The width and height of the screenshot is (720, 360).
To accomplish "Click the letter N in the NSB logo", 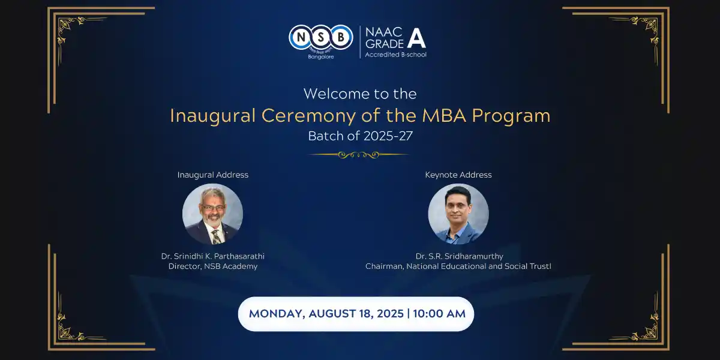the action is point(301,38).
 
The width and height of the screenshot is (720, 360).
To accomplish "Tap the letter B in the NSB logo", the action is point(341,38).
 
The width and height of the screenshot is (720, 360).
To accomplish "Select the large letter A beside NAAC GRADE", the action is point(416,38).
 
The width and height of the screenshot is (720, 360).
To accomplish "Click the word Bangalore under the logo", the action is point(321,57).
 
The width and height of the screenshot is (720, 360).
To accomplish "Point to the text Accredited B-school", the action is point(395,55).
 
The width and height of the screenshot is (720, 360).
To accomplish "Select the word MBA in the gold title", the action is point(444,116).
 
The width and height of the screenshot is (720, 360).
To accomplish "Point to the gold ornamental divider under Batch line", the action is point(359,155).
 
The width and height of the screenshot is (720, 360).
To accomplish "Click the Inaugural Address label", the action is point(213,175).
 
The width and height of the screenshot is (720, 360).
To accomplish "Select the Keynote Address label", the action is point(458,175).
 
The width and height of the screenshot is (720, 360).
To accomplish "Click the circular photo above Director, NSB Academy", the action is point(212,214).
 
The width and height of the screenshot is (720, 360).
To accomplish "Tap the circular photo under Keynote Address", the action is point(458,214).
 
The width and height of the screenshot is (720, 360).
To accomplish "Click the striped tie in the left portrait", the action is point(216,237).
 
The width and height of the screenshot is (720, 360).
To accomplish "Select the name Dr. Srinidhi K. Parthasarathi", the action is point(213,256).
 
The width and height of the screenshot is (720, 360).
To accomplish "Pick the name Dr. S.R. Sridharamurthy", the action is point(460,256).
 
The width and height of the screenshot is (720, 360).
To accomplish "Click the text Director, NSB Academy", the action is point(213,266).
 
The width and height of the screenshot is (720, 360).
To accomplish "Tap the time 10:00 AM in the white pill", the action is point(439,314).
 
